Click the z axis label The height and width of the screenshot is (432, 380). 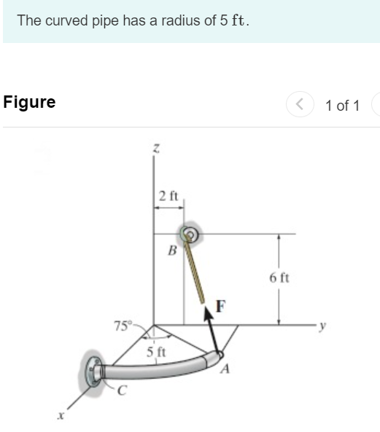point(156,148)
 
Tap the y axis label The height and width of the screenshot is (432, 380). point(322,326)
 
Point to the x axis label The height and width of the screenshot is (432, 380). point(61,415)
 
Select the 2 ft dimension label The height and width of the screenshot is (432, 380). point(168,196)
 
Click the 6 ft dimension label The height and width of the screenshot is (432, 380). point(279,278)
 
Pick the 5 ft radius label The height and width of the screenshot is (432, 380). point(156,352)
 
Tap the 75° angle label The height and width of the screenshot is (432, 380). point(123,326)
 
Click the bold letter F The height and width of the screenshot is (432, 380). point(220,306)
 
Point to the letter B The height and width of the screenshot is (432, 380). point(172,251)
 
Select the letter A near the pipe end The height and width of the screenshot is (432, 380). point(225,369)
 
